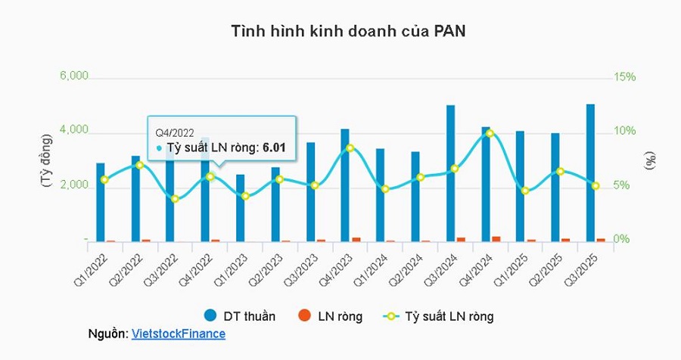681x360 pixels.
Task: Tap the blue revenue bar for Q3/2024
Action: click(450, 173)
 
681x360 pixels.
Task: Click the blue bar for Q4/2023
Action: click(345, 185)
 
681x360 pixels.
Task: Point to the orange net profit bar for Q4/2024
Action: click(496, 238)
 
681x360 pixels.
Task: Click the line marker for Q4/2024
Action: click(490, 133)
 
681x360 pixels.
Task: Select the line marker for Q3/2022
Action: click(175, 199)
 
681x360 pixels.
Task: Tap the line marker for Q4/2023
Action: click(350, 148)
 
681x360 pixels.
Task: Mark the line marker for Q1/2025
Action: click(524, 191)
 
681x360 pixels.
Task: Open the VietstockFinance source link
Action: click(179, 334)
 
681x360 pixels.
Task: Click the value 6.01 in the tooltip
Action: click(274, 147)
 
